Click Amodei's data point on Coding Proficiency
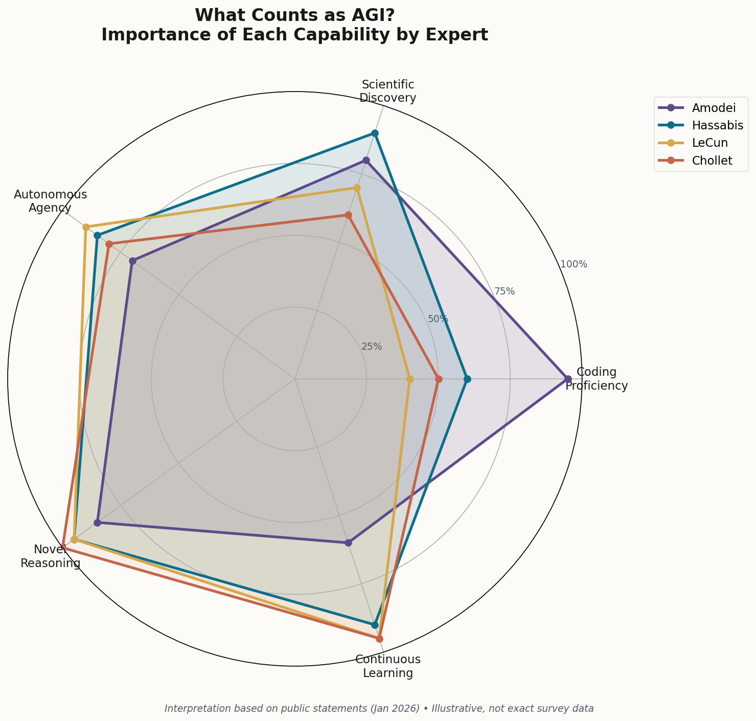click(567, 379)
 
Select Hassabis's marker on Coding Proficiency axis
click(467, 379)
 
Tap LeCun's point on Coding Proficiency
click(409, 379)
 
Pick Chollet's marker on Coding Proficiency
click(439, 379)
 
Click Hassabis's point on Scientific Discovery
click(375, 133)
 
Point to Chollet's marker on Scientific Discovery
click(348, 215)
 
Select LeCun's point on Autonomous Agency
click(86, 227)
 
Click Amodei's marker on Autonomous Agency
click(132, 261)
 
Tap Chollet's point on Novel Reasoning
click(62, 548)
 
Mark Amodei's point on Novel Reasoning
click(97, 523)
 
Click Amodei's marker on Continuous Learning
click(348, 543)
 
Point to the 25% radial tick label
click(372, 347)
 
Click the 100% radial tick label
click(574, 264)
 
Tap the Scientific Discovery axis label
click(388, 91)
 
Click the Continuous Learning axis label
click(388, 666)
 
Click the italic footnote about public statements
click(379, 709)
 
